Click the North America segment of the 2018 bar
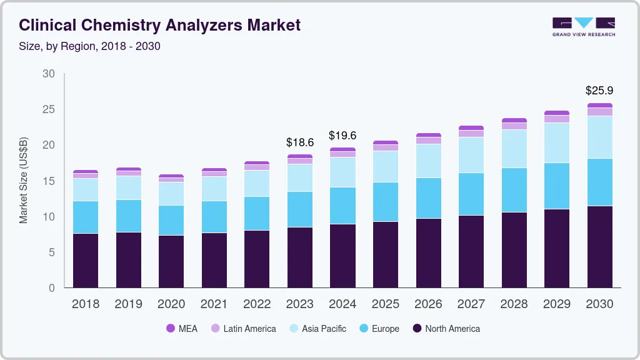tap(86, 260)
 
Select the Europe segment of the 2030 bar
tap(600, 182)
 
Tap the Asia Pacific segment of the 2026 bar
tap(429, 161)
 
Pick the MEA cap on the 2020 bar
tap(171, 176)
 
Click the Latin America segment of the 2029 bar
tap(557, 119)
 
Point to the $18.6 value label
tap(299, 142)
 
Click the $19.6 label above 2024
tap(342, 136)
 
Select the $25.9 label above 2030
tap(599, 91)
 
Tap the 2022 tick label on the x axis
tap(257, 304)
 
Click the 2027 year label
tap(471, 304)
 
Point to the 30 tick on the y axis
tap(49, 74)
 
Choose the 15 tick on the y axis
tap(49, 181)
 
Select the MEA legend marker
tap(171, 328)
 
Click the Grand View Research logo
tap(584, 27)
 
